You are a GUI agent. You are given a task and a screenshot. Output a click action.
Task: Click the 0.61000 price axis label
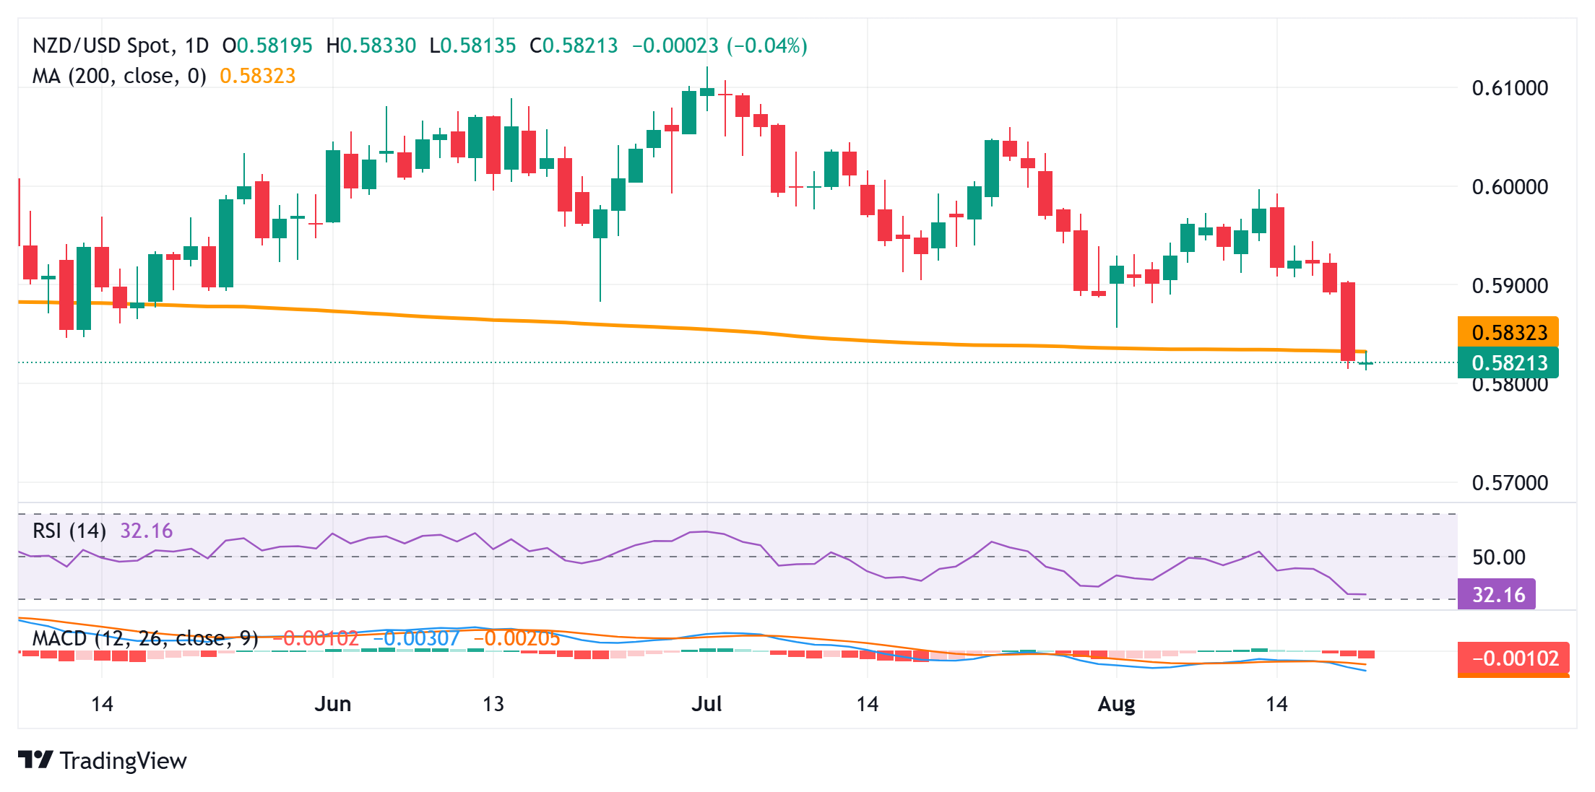pos(1510,88)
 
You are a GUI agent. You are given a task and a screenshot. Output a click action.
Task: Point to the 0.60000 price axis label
pos(1510,187)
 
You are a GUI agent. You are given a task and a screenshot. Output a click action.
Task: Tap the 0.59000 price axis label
pos(1510,286)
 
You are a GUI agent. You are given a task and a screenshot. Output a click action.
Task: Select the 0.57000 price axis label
pos(1510,483)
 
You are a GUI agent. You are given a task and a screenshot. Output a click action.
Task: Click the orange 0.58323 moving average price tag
pos(1508,333)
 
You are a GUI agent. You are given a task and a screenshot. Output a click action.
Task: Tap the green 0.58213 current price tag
pos(1508,362)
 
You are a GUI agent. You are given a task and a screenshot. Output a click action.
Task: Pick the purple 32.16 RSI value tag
pos(1497,595)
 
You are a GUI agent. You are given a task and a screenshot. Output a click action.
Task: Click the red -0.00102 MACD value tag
pos(1514,658)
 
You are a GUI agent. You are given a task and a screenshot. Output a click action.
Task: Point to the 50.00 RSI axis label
pos(1498,557)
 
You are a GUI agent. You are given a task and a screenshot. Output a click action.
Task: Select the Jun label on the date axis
pos(332,704)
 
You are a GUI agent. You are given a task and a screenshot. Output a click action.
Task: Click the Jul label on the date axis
pos(706,704)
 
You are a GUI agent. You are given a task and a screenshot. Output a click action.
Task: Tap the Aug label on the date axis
pos(1116,704)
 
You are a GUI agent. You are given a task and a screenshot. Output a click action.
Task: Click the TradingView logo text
pos(123,761)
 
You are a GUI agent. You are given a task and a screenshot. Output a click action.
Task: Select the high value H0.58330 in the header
pos(371,46)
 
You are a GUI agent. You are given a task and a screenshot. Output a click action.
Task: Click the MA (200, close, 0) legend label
pos(119,76)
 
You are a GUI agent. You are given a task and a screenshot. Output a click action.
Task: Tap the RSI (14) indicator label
pos(69,531)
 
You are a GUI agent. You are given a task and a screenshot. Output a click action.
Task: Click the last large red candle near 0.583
pos(1348,321)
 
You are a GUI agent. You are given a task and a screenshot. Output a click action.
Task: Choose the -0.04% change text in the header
pos(767,46)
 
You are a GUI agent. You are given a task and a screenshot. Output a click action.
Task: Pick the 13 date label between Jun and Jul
pos(493,704)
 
